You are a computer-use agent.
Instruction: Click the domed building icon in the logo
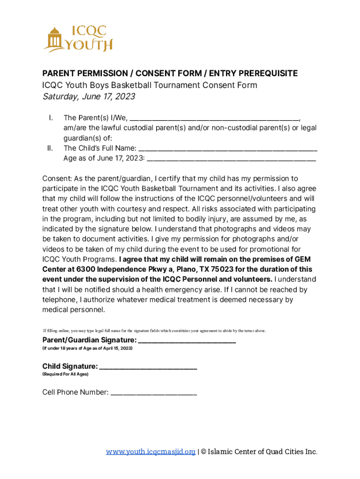(x=55, y=38)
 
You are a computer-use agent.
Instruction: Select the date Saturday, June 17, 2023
(x=89, y=97)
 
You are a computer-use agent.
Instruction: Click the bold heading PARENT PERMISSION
(x=85, y=73)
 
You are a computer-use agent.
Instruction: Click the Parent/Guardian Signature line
(x=187, y=340)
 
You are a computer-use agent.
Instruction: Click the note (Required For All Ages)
(x=65, y=375)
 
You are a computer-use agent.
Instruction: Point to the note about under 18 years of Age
(x=87, y=349)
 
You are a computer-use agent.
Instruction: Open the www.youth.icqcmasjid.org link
(x=151, y=452)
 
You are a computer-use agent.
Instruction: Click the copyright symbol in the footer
(x=203, y=452)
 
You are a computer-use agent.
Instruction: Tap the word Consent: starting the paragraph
(x=57, y=179)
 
